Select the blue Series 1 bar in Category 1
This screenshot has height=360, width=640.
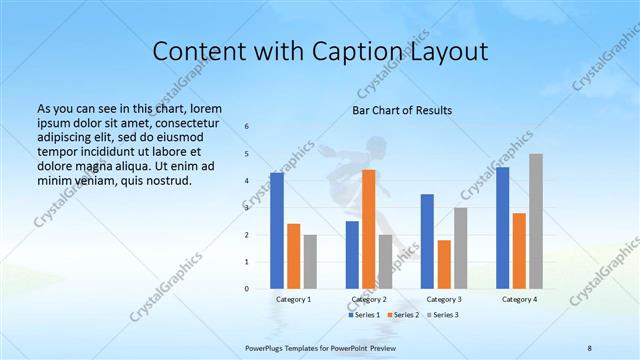(x=276, y=230)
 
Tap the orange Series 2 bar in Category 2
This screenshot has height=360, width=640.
(x=368, y=228)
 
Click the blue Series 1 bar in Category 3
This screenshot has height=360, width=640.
(x=427, y=240)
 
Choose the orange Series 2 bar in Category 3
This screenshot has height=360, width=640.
(x=443, y=263)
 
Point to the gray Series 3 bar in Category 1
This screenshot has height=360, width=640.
(x=310, y=261)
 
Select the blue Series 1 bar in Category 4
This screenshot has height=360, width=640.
(x=502, y=227)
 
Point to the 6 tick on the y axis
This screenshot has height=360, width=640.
(x=247, y=127)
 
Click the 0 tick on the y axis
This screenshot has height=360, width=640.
(x=247, y=289)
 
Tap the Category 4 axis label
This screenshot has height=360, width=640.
(x=519, y=299)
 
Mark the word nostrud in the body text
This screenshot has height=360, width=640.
(x=167, y=180)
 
